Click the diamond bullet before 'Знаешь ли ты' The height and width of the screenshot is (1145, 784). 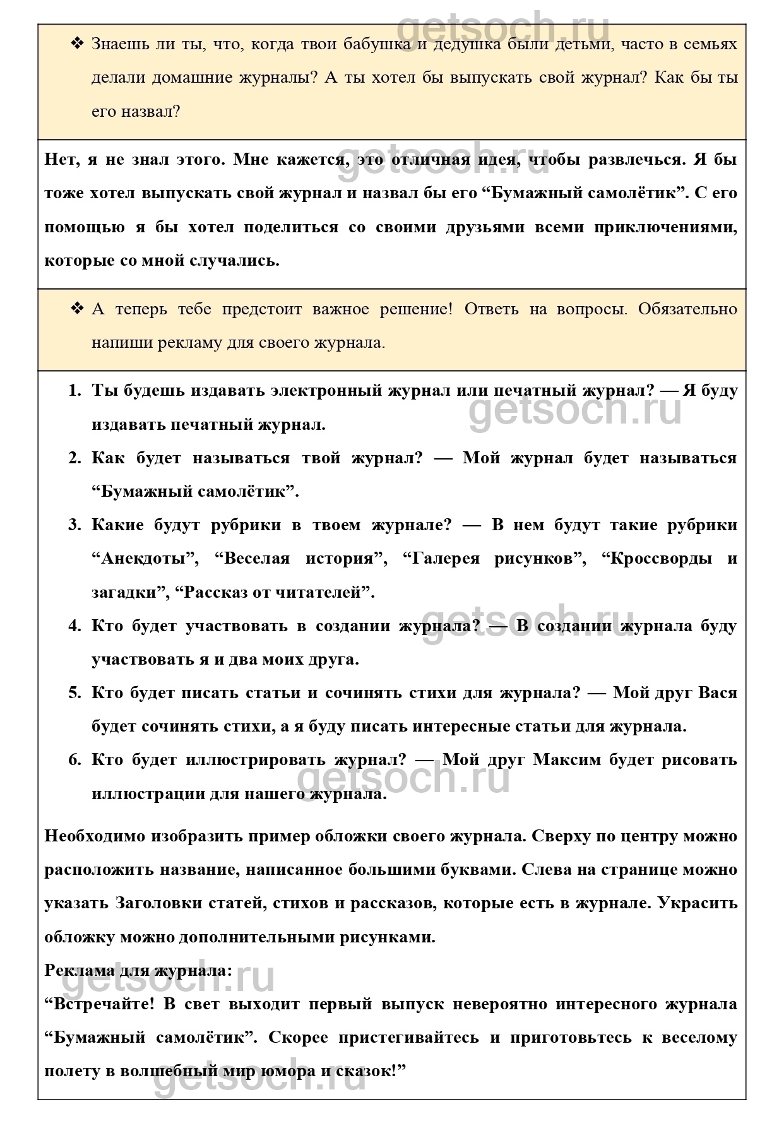78,44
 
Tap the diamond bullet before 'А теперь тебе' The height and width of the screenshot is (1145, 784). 78,309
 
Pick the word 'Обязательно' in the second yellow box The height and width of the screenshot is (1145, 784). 688,309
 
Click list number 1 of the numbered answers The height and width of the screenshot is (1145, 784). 74,391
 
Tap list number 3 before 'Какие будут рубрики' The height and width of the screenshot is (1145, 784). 74,525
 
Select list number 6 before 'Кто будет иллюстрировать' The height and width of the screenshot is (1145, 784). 74,760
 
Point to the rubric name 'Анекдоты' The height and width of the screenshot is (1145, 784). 145,559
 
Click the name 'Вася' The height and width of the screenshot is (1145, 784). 718,693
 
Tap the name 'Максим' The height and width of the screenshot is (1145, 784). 567,760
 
